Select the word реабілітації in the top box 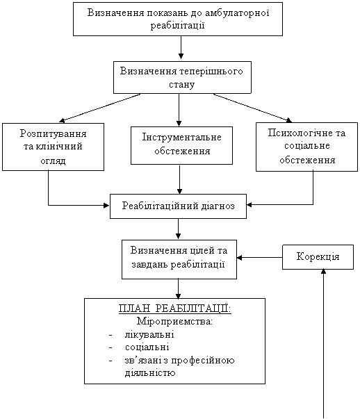coord(178,26)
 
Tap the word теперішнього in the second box coord(211,72)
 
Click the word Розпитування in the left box coord(54,133)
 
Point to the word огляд coord(53,161)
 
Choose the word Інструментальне coord(181,137)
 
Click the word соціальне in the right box coord(306,146)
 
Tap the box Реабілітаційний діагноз coord(179,206)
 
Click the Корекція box coord(318,257)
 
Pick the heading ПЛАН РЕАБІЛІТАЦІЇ coord(175,309)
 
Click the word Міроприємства coord(174,321)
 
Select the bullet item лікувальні coord(149,334)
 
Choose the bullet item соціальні coord(147,347)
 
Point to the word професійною coord(203,361)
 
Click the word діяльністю coord(150,372)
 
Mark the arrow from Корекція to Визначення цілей coord(260,258)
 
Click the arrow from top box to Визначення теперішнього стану coord(181,47)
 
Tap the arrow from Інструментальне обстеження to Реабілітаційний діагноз coord(179,179)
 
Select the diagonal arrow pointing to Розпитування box coord(99,108)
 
